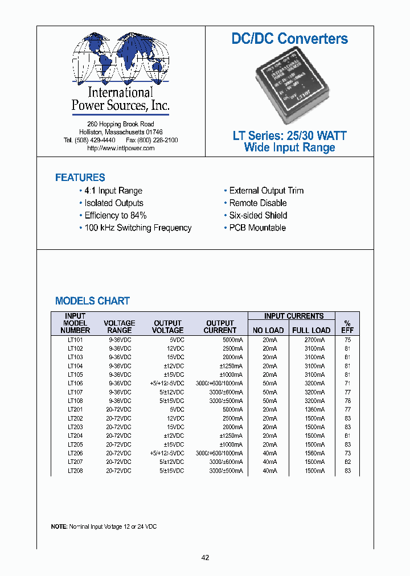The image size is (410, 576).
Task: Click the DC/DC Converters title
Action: pyautogui.click(x=289, y=39)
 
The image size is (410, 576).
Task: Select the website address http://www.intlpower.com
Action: pyautogui.click(x=121, y=148)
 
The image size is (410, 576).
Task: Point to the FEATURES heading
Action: pyautogui.click(x=80, y=178)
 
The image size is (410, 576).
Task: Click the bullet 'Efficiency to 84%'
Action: pyautogui.click(x=116, y=215)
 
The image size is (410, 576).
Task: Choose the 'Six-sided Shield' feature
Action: pyautogui.click(x=258, y=215)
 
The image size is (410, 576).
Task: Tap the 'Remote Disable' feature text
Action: pyautogui.click(x=258, y=203)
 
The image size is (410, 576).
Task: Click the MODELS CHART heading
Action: pyautogui.click(x=92, y=301)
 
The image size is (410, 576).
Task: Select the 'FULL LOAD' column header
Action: pyautogui.click(x=311, y=330)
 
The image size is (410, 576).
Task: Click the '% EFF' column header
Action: pyautogui.click(x=347, y=327)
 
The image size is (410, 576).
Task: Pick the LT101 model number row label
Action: pyautogui.click(x=75, y=340)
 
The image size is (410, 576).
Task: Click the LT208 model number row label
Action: pyautogui.click(x=75, y=471)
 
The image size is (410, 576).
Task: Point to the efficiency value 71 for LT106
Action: pyautogui.click(x=347, y=384)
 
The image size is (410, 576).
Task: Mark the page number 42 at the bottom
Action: pyautogui.click(x=205, y=558)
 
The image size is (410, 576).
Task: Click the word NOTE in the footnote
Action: pyautogui.click(x=59, y=527)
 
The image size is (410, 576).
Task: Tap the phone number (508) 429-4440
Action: pyautogui.click(x=97, y=140)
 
